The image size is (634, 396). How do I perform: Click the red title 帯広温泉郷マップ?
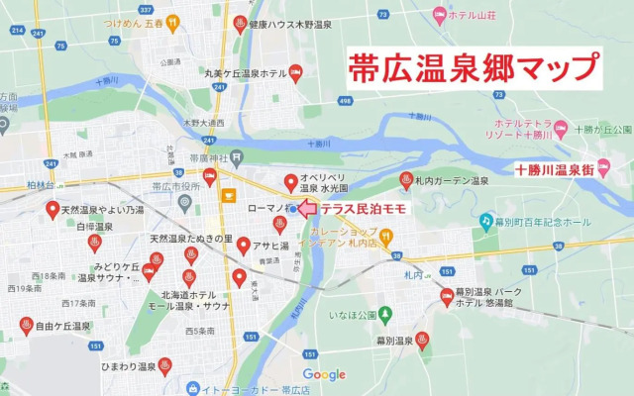click(x=474, y=69)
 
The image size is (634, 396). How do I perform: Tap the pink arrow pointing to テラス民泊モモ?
click(x=306, y=209)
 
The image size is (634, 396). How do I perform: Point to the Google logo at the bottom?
click(x=324, y=374)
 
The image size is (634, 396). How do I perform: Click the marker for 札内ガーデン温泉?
click(x=405, y=180)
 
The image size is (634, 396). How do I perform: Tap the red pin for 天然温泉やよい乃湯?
click(x=53, y=210)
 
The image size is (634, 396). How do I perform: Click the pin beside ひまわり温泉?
click(x=164, y=365)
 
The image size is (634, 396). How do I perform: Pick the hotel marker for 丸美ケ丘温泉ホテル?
click(x=294, y=73)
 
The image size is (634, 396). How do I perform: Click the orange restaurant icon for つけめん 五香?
click(x=173, y=20)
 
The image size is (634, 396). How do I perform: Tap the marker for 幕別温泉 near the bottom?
click(x=422, y=341)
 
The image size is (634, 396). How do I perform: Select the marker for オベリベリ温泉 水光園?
click(x=290, y=182)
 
